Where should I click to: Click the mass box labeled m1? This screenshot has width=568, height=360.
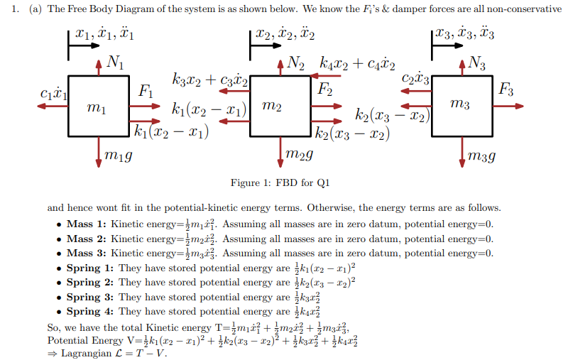(x=99, y=106)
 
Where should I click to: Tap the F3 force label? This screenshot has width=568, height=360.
(x=506, y=89)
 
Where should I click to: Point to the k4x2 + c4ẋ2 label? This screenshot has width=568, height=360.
(x=358, y=64)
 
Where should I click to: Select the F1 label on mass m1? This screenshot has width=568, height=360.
(x=145, y=90)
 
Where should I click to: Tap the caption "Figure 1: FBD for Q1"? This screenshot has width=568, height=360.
(x=280, y=183)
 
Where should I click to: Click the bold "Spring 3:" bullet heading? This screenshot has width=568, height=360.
(x=90, y=297)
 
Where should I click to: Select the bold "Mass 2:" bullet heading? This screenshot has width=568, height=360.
(x=87, y=239)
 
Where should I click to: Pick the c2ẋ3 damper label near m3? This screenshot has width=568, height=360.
(x=416, y=78)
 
